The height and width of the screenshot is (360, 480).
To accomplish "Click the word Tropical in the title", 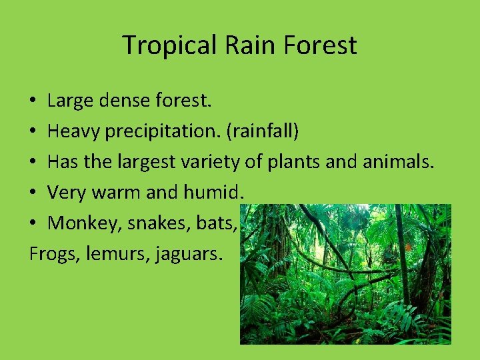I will point(169,45).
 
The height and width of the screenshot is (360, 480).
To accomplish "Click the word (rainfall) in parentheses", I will point(262,132).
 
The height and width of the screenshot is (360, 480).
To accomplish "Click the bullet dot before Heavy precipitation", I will point(33,132).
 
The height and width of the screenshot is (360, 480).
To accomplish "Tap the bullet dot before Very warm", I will point(33,193).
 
